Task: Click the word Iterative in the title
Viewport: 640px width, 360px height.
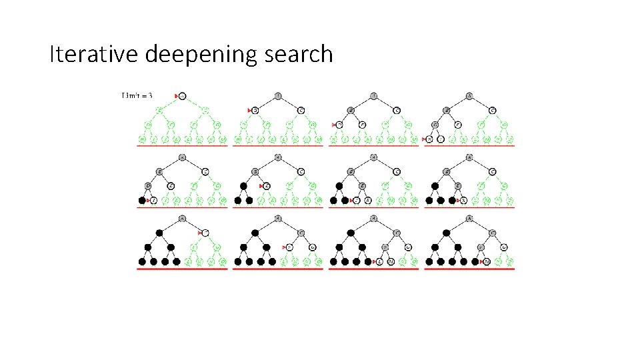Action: [93, 54]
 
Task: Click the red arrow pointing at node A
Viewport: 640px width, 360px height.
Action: [177, 96]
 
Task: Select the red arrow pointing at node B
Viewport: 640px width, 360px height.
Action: [249, 109]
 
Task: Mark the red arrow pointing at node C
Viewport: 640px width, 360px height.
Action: [199, 233]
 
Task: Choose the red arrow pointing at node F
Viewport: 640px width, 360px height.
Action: [284, 247]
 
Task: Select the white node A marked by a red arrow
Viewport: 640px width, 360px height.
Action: [183, 95]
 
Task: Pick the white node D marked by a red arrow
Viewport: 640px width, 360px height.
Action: [339, 124]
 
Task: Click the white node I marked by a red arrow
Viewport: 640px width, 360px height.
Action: [153, 200]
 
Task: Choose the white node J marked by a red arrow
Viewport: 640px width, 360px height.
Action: [357, 200]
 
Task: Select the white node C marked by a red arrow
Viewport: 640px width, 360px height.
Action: [206, 233]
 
